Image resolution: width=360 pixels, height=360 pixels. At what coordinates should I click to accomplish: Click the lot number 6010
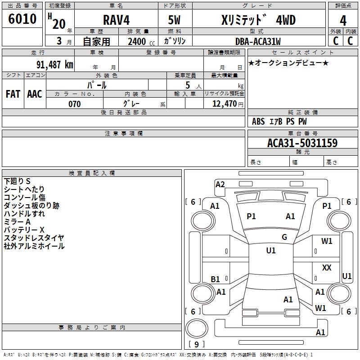pyautogui.click(x=22, y=19)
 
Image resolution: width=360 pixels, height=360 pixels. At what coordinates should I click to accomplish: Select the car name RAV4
pyautogui.click(x=116, y=20)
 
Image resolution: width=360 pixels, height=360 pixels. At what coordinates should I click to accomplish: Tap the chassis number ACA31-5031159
pyautogui.click(x=302, y=143)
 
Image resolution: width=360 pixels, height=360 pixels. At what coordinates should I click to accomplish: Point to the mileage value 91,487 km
pyautogui.click(x=55, y=65)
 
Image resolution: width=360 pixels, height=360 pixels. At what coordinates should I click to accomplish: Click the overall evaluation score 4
pyautogui.click(x=343, y=21)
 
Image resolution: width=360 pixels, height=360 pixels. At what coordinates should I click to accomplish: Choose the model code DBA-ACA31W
pyautogui.click(x=258, y=41)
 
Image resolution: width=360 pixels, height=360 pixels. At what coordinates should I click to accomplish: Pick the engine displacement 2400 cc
pyautogui.click(x=141, y=41)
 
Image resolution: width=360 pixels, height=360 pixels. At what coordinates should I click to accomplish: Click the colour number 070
pyautogui.click(x=74, y=104)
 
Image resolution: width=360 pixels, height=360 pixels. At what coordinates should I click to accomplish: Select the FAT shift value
pyautogui.click(x=13, y=94)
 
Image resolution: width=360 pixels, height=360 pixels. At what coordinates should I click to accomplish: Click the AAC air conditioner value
pyautogui.click(x=35, y=94)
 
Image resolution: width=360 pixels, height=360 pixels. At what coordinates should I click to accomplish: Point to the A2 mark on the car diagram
pyautogui.click(x=220, y=184)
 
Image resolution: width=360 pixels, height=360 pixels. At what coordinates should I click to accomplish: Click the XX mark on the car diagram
pyautogui.click(x=327, y=267)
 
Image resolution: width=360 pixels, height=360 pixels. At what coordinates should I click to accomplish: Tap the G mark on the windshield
pyautogui.click(x=284, y=237)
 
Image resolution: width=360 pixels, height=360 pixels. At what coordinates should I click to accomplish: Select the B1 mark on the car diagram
pyautogui.click(x=215, y=279)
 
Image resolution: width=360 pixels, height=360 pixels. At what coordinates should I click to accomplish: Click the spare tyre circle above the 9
pyautogui.click(x=197, y=328)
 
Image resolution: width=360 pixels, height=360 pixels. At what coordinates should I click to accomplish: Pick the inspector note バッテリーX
pyautogui.click(x=24, y=230)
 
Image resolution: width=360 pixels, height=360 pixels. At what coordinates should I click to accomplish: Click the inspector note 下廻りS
pyautogui.click(x=17, y=181)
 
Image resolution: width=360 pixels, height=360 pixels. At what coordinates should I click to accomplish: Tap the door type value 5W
pyautogui.click(x=174, y=20)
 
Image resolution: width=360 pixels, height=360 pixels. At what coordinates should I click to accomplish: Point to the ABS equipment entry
pyautogui.click(x=258, y=121)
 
